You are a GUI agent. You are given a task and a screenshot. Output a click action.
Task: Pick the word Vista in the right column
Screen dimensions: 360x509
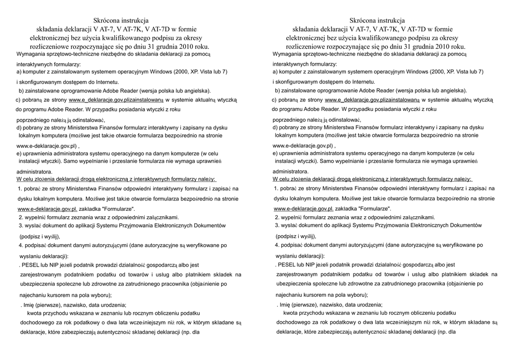457,72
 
